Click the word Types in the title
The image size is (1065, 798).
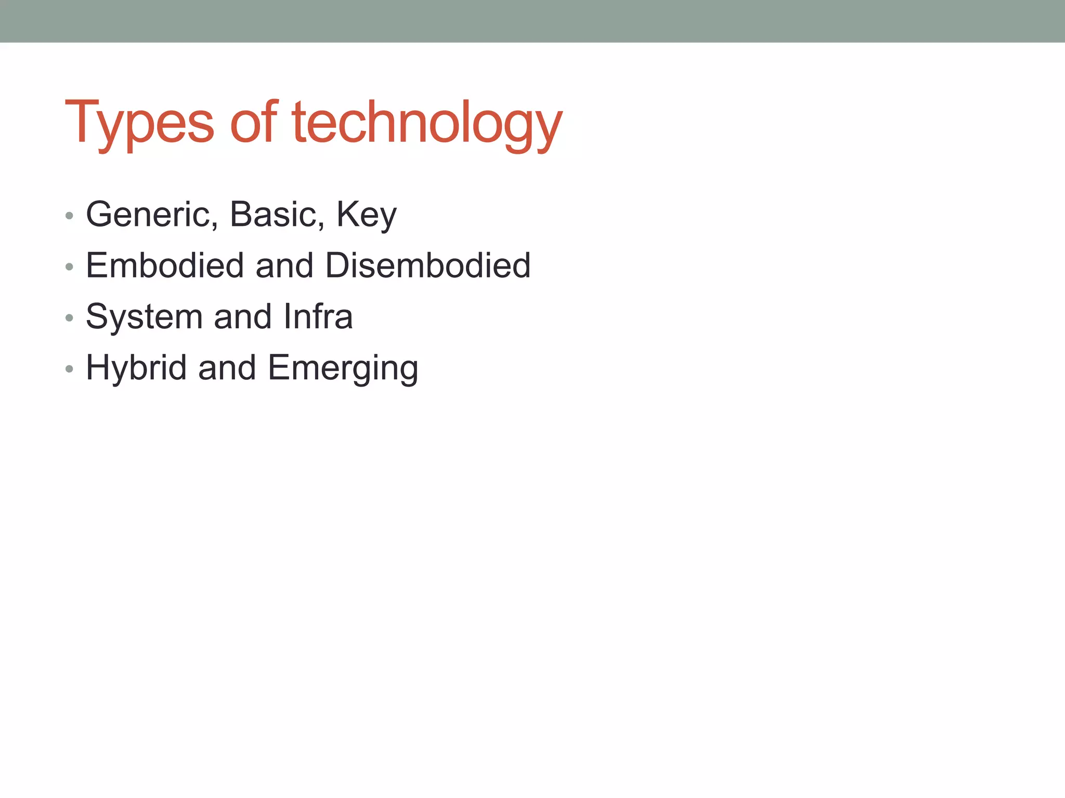tap(139, 123)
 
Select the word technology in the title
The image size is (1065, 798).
tap(427, 123)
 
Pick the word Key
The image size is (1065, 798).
tap(367, 215)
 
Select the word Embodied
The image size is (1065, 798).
tap(165, 265)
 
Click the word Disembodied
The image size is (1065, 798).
tap(427, 265)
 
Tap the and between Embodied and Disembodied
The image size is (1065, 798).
tap(284, 265)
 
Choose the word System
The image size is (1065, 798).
tap(144, 317)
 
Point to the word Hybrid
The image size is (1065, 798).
tap(136, 368)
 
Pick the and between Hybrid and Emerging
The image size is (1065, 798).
tap(227, 368)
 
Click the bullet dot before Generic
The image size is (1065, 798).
tap(69, 216)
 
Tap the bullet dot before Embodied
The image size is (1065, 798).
tap(69, 267)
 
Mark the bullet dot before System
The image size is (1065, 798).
tap(69, 317)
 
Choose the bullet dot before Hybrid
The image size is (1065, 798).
tap(69, 369)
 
